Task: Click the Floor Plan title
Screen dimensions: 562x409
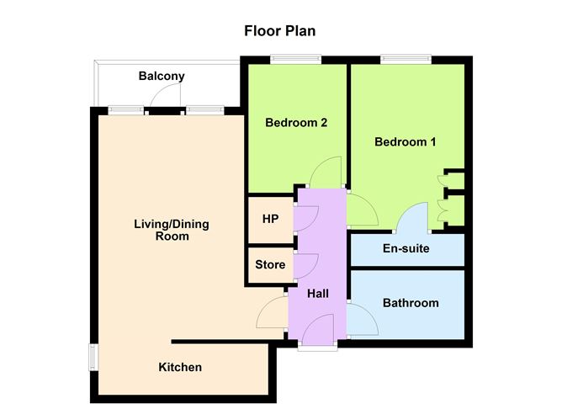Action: [279, 31]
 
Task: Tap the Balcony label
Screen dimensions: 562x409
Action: [162, 76]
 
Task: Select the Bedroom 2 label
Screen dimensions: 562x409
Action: [296, 123]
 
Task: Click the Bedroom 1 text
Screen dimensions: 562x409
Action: [405, 142]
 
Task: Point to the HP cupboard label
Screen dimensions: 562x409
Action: [270, 219]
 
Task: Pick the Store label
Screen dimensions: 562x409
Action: [270, 264]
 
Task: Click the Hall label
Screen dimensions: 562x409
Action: [318, 294]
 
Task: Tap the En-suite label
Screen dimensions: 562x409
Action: [406, 248]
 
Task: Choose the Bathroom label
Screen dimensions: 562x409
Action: [411, 303]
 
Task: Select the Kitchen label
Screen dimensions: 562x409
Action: [180, 367]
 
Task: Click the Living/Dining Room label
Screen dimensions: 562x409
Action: [172, 230]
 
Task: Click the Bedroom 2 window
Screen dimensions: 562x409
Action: [295, 59]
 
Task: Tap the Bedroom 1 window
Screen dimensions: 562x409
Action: [406, 59]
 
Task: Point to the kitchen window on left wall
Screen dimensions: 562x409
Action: [93, 358]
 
